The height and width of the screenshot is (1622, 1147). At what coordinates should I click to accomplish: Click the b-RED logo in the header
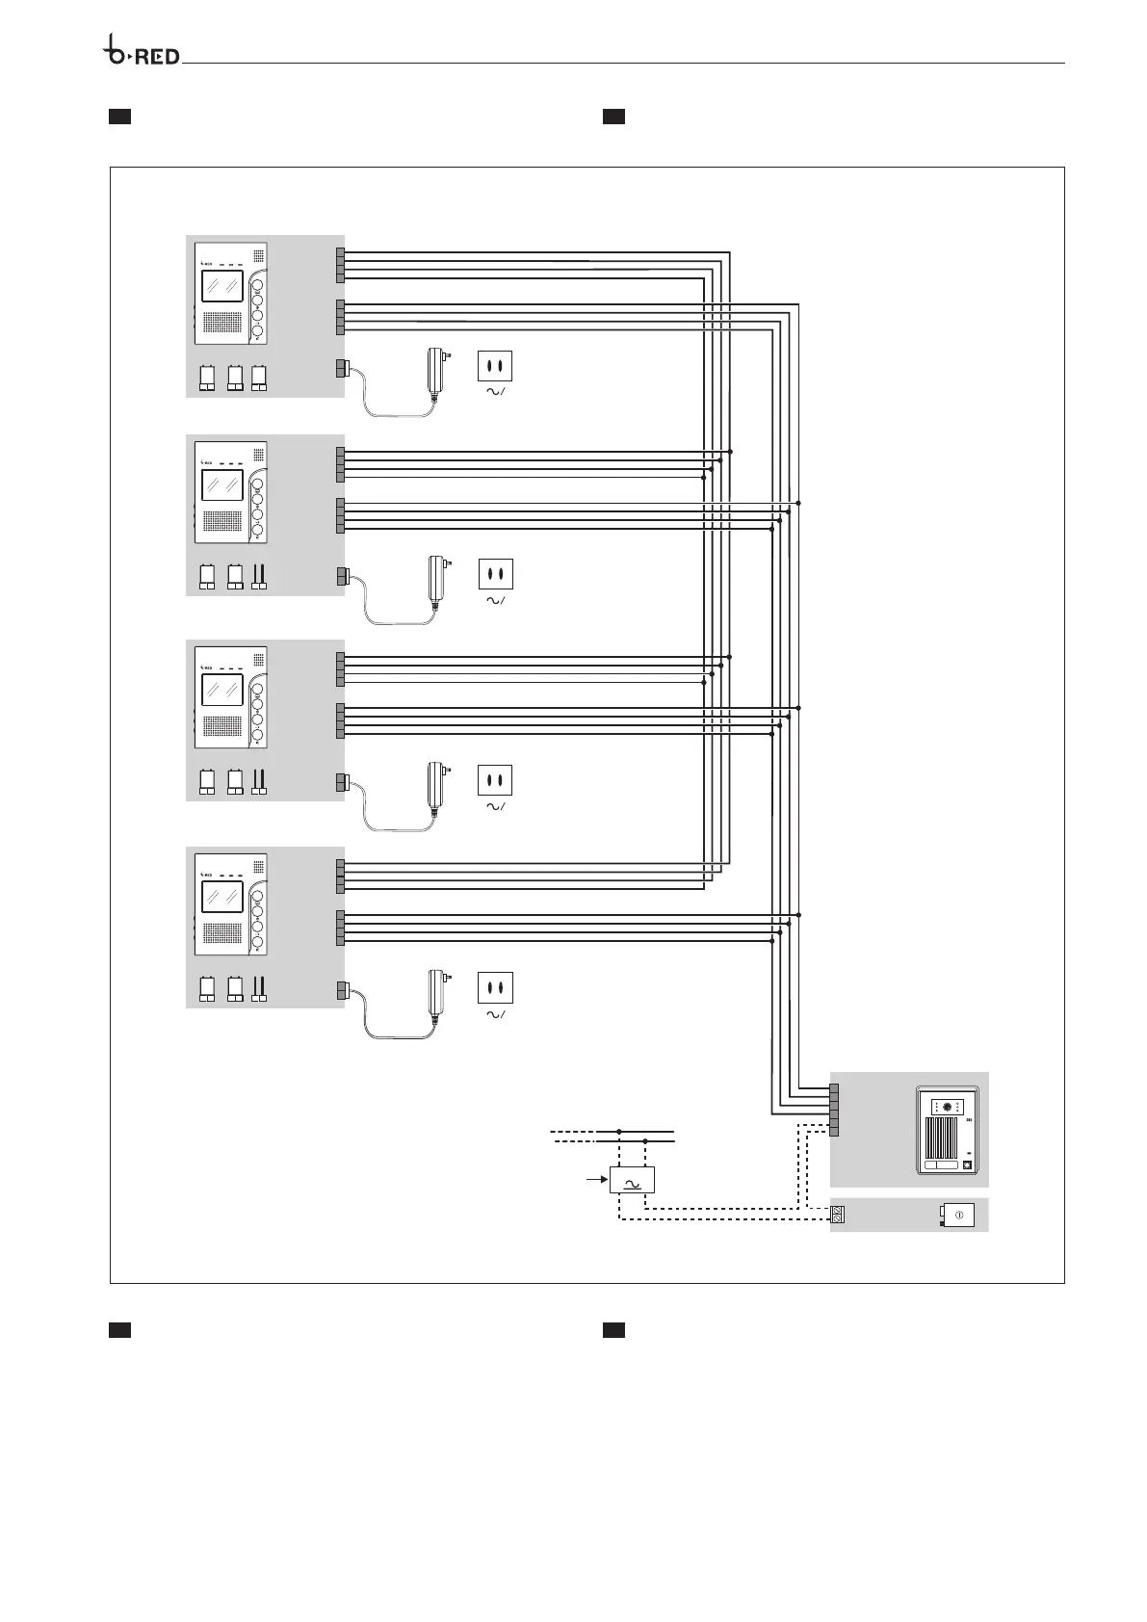pyautogui.click(x=142, y=54)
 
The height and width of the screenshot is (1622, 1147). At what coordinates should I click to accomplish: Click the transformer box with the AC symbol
pyautogui.click(x=632, y=1180)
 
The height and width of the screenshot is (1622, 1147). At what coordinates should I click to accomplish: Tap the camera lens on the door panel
pyautogui.click(x=948, y=1108)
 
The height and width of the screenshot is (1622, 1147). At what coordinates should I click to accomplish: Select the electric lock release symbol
pyautogui.click(x=959, y=1216)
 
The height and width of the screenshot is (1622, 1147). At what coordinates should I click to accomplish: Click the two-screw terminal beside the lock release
pyautogui.click(x=837, y=1216)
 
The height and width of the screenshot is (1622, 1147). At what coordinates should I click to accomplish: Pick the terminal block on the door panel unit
pyautogui.click(x=833, y=1111)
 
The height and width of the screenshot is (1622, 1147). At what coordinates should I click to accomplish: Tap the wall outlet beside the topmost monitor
pyautogui.click(x=495, y=366)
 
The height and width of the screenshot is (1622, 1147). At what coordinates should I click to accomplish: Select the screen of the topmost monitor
pyautogui.click(x=222, y=286)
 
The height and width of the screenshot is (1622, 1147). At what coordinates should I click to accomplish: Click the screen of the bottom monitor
pyautogui.click(x=222, y=898)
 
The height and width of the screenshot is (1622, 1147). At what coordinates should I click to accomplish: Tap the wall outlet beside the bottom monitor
pyautogui.click(x=495, y=988)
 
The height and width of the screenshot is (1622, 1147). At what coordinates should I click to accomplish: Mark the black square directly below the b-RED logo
pyautogui.click(x=118, y=118)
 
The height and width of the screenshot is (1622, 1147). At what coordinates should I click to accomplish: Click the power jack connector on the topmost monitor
pyautogui.click(x=341, y=367)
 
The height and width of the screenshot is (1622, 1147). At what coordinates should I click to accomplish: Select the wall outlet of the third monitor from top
pyautogui.click(x=495, y=779)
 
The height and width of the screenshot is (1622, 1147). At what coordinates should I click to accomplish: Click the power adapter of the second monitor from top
pyautogui.click(x=433, y=580)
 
